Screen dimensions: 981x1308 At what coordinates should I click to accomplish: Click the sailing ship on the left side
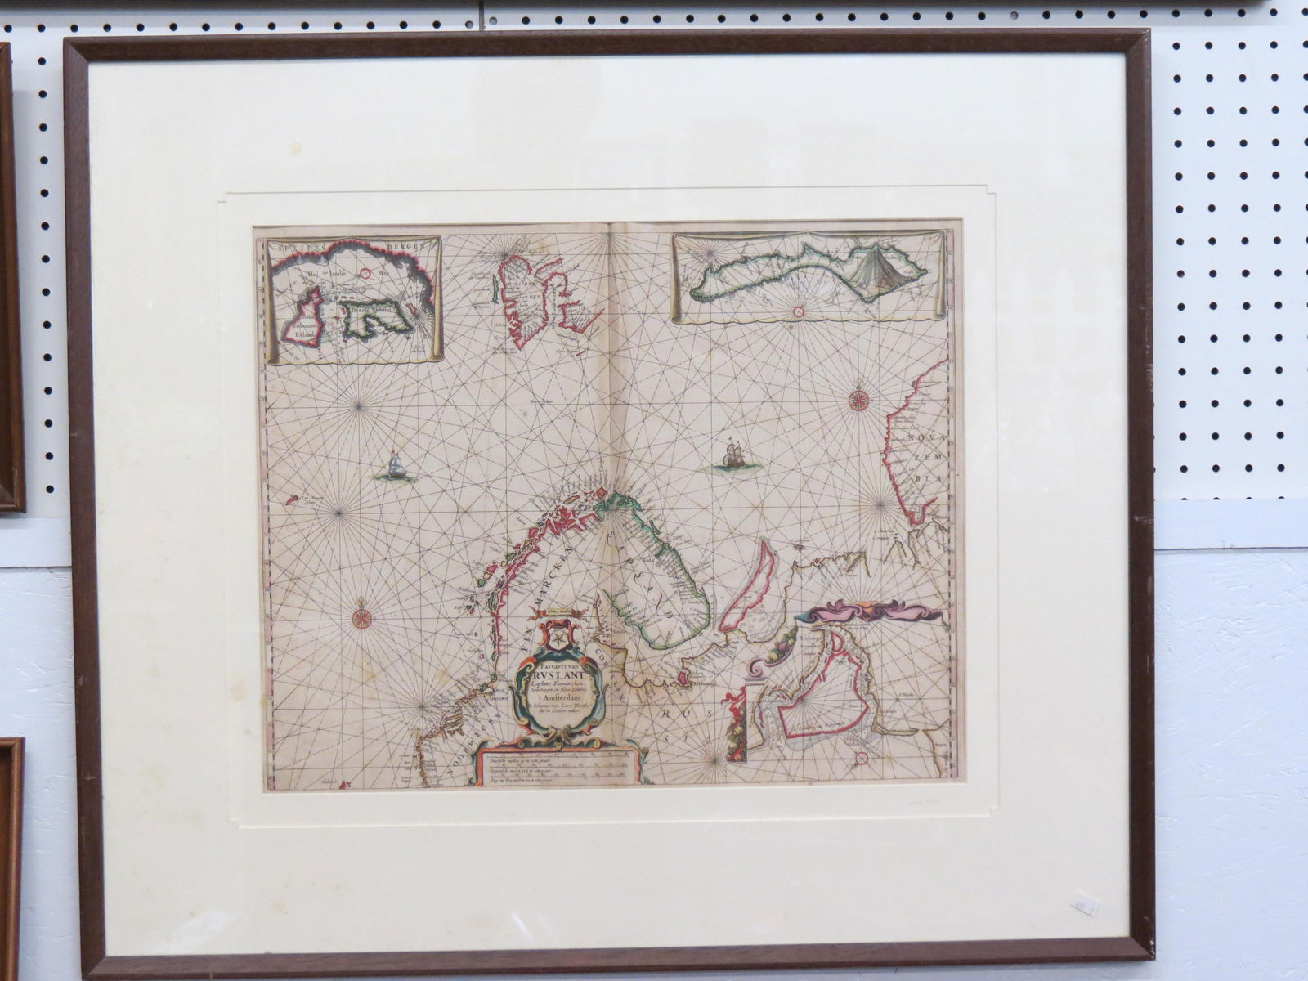(x=396, y=467)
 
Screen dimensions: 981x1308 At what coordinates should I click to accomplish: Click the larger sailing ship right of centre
(x=732, y=455)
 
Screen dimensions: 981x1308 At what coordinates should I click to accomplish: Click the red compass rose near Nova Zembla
(x=858, y=400)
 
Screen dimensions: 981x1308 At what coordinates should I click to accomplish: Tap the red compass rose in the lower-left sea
(x=360, y=618)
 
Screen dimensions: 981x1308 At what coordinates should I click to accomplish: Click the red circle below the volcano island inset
(x=799, y=310)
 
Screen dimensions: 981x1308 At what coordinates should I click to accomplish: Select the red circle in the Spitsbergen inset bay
(x=367, y=275)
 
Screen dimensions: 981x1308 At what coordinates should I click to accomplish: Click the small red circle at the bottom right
(x=862, y=758)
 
